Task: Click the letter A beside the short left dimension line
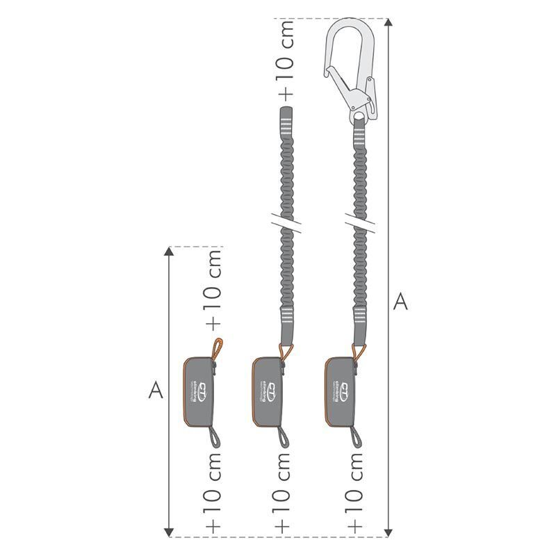[x=156, y=391]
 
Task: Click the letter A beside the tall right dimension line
[x=400, y=302]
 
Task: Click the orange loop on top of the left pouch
[x=218, y=347]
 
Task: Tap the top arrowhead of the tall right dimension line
[x=388, y=23]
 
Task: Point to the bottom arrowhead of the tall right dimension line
[x=388, y=531]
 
